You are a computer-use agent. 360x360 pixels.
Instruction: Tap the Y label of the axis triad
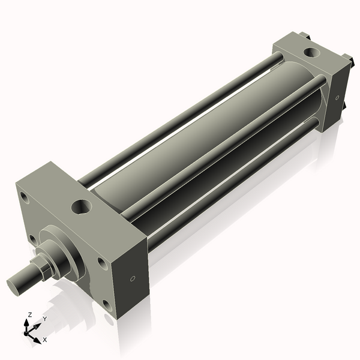click(44, 319)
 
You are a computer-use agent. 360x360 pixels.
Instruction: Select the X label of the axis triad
click(45, 340)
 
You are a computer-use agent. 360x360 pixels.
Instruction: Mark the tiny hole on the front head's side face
click(133, 278)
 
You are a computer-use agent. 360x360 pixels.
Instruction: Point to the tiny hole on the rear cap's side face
click(337, 97)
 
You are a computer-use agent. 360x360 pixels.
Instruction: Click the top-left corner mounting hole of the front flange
click(23, 196)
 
